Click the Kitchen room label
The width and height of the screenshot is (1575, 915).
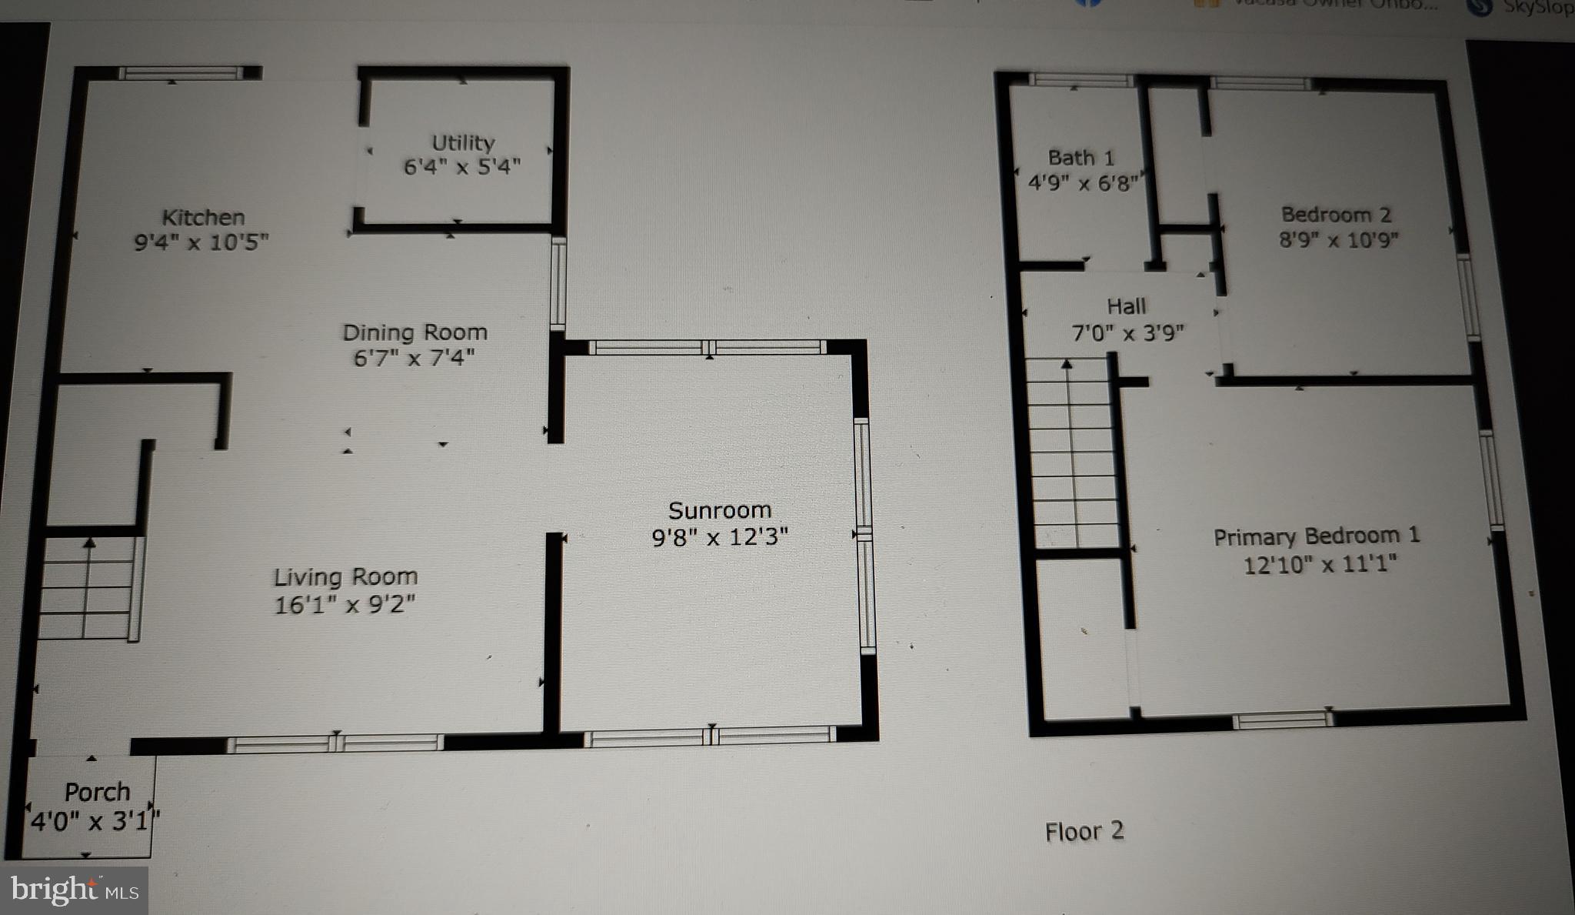point(203,218)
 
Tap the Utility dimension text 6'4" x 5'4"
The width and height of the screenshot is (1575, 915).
point(462,166)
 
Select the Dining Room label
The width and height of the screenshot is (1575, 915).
point(415,332)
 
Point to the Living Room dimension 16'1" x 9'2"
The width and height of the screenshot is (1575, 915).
point(345,605)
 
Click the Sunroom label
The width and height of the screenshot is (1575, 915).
point(719,510)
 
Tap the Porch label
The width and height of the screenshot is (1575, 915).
point(97,792)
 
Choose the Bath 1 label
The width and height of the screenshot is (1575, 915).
point(1081,158)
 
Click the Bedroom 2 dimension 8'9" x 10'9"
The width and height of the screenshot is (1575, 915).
point(1338,240)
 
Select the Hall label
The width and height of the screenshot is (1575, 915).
point(1126,306)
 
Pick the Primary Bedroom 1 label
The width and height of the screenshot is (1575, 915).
point(1317,536)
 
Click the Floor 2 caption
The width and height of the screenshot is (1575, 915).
point(1084,831)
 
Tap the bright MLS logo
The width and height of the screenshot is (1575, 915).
point(75,890)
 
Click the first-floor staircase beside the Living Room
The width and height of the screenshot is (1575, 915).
point(88,588)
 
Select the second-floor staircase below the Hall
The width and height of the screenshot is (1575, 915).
point(1071,454)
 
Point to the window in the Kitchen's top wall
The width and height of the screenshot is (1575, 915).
point(181,74)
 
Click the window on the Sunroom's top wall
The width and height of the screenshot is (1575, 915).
point(708,347)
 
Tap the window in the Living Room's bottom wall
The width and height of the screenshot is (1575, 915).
point(335,743)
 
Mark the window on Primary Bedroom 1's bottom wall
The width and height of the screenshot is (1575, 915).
point(1281,720)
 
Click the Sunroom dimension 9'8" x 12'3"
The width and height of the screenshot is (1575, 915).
point(719,537)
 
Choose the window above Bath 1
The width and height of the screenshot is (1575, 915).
point(1080,80)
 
